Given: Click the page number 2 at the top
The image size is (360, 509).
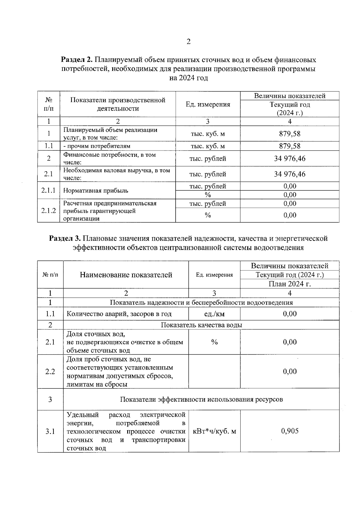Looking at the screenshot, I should pyautogui.click(x=188, y=42).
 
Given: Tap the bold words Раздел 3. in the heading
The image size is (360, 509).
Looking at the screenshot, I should pyautogui.click(x=65, y=238).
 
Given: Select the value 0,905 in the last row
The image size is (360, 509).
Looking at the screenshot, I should pyautogui.click(x=289, y=431).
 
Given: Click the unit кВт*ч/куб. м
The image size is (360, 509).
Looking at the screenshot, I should pyautogui.click(x=214, y=431).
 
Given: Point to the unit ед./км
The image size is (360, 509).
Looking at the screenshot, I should pyautogui.click(x=214, y=314).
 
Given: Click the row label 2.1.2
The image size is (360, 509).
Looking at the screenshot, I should pyautogui.click(x=49, y=210).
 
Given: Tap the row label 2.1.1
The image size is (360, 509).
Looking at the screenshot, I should pyautogui.click(x=49, y=190).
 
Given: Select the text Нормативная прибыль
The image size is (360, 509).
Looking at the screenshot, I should pyautogui.click(x=96, y=191).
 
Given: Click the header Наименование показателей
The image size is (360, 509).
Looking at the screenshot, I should pyautogui.click(x=126, y=275).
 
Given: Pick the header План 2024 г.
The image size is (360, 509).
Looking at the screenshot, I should pyautogui.click(x=289, y=284).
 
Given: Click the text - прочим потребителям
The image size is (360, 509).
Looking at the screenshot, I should pyautogui.click(x=97, y=146).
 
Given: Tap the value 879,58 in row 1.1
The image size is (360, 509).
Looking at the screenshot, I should pyautogui.click(x=289, y=146).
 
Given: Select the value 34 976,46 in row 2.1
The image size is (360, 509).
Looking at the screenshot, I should pyautogui.click(x=289, y=174).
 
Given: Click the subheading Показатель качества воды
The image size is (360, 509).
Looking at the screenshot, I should pyautogui.click(x=201, y=325).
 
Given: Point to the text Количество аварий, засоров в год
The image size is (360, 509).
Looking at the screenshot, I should pyautogui.click(x=119, y=314).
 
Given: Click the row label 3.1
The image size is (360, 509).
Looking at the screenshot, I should pyautogui.click(x=50, y=431).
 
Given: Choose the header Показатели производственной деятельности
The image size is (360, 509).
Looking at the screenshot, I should pyautogui.click(x=118, y=104).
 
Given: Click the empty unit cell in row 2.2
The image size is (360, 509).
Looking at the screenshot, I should pyautogui.click(x=214, y=371).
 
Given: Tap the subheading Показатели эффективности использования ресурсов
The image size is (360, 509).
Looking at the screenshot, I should pyautogui.click(x=201, y=399).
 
